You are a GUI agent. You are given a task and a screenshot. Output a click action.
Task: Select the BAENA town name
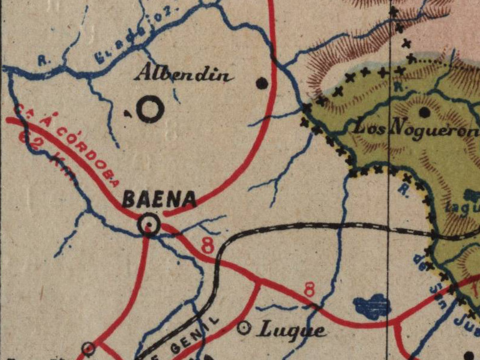coord(159,199)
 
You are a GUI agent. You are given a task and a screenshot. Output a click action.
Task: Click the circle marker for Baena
coord(148,225)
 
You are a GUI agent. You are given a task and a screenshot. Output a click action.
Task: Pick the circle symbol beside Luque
coord(244,328)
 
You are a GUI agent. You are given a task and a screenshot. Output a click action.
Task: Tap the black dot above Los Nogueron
coord(425,112)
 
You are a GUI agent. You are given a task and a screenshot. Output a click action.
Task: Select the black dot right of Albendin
coord(262,83)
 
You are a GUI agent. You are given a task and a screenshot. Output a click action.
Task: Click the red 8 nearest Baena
coord(208,245)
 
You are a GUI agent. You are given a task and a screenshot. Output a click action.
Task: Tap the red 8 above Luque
coord(309,290)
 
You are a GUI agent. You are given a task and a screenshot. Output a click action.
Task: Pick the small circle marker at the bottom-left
coord(89,348)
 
